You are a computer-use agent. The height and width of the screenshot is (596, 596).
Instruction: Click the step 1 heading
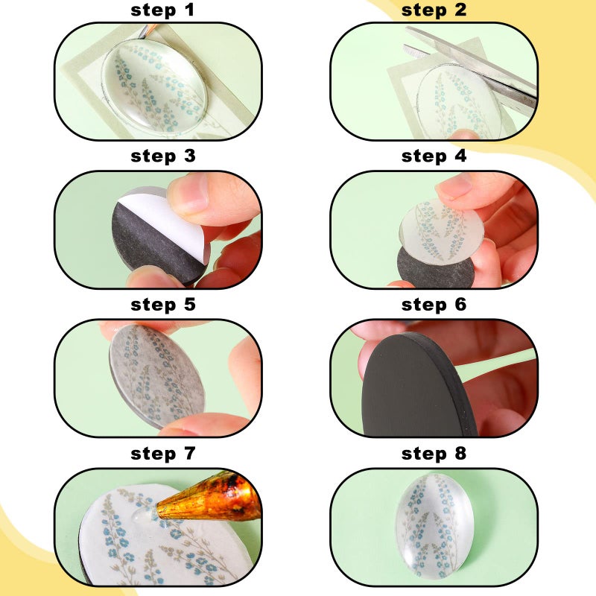tap(162, 10)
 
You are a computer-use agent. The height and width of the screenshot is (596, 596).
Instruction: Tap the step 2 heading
tap(434, 10)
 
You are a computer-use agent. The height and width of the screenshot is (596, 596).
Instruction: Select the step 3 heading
tap(162, 156)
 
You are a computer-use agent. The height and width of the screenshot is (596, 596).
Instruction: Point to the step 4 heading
tap(434, 156)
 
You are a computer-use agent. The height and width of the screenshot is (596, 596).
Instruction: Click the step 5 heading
tap(162, 305)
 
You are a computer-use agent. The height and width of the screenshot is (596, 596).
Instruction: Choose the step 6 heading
tap(434, 305)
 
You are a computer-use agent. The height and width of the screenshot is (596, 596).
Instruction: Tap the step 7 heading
tap(162, 454)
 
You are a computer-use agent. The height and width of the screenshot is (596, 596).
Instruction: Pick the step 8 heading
tap(434, 454)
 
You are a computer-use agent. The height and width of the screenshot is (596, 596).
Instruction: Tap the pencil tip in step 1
tap(142, 36)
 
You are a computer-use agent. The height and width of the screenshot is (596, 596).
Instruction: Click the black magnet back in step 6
tap(414, 387)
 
